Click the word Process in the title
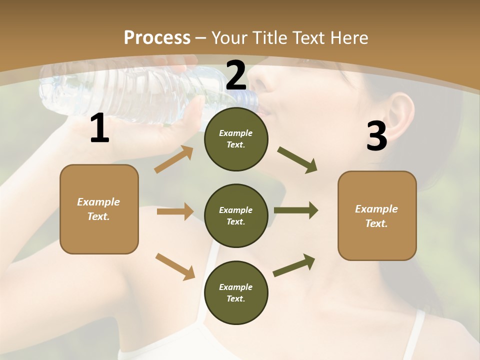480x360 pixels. coord(157,37)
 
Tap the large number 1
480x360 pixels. coord(99,128)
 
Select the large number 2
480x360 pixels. coord(236,75)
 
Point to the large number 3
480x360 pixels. coord(376,136)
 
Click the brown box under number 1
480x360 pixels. coord(99,209)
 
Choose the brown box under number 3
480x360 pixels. coord(377,215)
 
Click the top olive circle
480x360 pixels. coord(236,139)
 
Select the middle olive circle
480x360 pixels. coord(236,215)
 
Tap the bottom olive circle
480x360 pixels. coord(236,292)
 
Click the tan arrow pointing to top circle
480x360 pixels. coord(174,159)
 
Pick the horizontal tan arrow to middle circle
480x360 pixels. coord(175,211)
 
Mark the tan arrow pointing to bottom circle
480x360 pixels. coord(175,266)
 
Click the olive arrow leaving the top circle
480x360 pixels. coord(297,160)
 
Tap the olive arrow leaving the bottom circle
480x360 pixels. coord(294,265)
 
